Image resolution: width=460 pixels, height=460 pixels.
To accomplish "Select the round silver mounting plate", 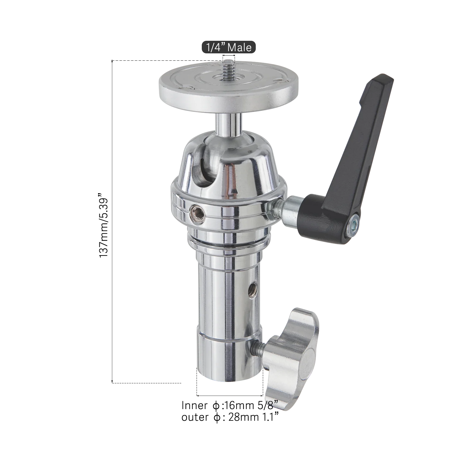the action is tap(228, 87).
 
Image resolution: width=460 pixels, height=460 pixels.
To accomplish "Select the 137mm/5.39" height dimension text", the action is tap(104, 225).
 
